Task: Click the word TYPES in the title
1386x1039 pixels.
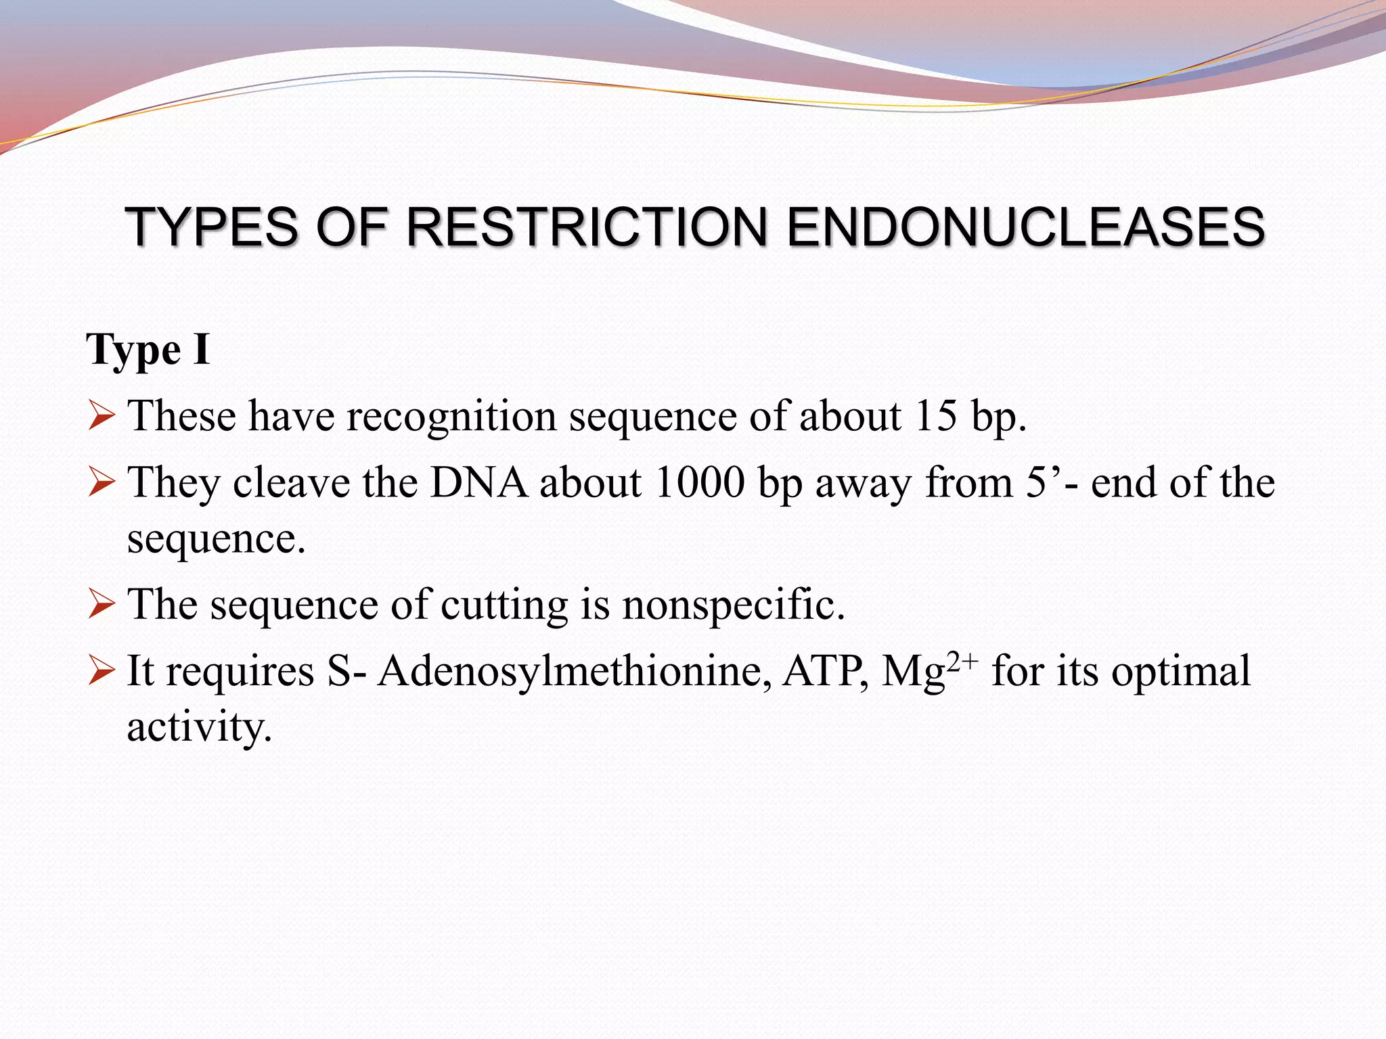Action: coord(211,227)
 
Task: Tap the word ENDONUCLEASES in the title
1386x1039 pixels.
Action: coord(1025,227)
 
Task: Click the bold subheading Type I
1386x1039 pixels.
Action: coord(148,350)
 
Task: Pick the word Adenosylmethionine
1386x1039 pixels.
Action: coord(574,672)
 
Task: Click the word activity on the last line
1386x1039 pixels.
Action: coord(199,727)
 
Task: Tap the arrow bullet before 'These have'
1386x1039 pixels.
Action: coord(102,416)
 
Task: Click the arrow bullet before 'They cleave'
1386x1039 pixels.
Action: coord(102,484)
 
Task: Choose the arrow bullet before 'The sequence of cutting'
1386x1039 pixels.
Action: coord(102,605)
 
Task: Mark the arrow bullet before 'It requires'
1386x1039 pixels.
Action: coord(102,672)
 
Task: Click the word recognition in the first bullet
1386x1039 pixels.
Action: coord(451,417)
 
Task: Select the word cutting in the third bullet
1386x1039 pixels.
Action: coord(504,605)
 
